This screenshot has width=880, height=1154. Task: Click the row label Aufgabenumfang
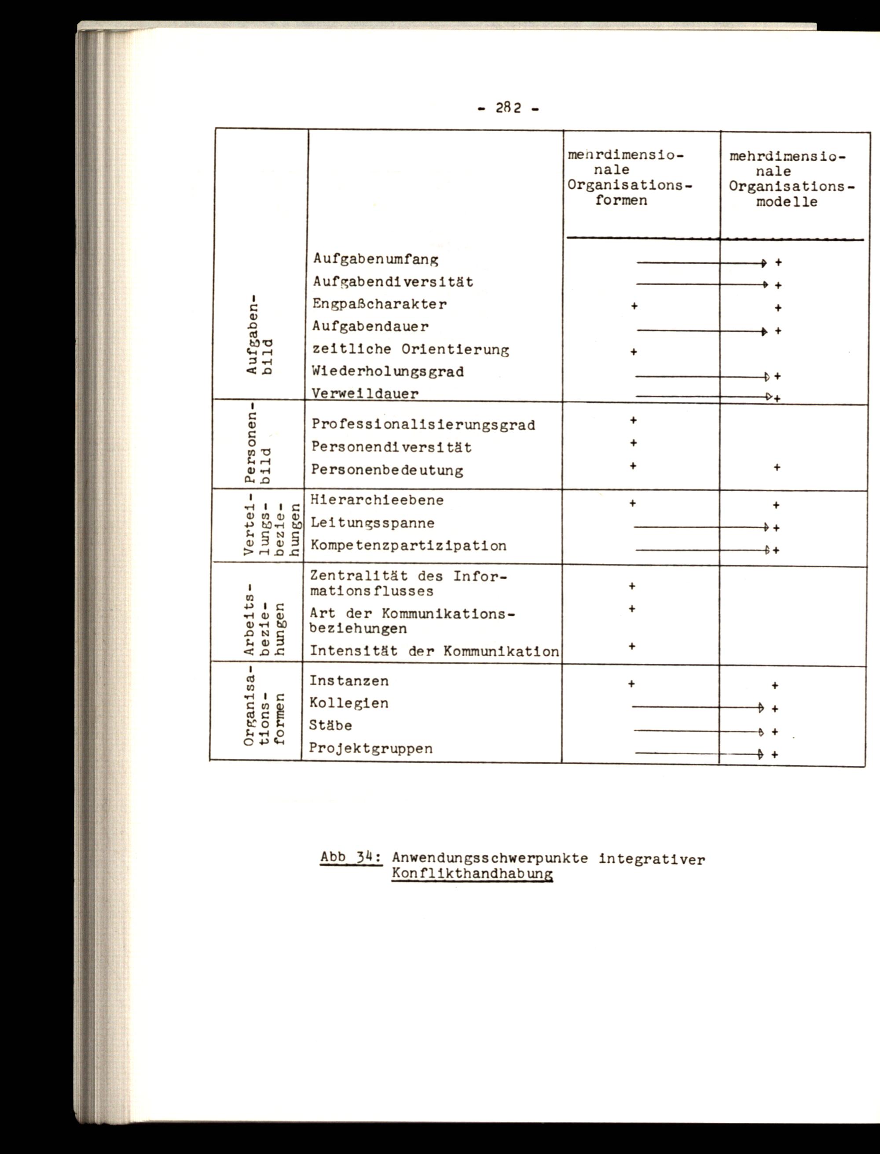point(376,259)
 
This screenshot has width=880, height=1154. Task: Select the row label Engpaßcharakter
point(379,305)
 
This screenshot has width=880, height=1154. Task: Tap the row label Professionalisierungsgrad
point(423,425)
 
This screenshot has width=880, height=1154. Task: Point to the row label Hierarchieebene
point(377,500)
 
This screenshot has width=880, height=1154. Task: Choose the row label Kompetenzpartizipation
point(409,546)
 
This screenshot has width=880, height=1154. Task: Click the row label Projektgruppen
point(371,749)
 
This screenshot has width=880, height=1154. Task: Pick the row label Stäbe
point(330,726)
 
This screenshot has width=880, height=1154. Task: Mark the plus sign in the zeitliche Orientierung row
point(633,352)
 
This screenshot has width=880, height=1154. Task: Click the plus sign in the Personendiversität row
point(633,443)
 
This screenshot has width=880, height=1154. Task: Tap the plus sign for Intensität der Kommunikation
point(632,647)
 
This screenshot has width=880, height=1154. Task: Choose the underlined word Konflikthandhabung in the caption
point(472,874)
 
